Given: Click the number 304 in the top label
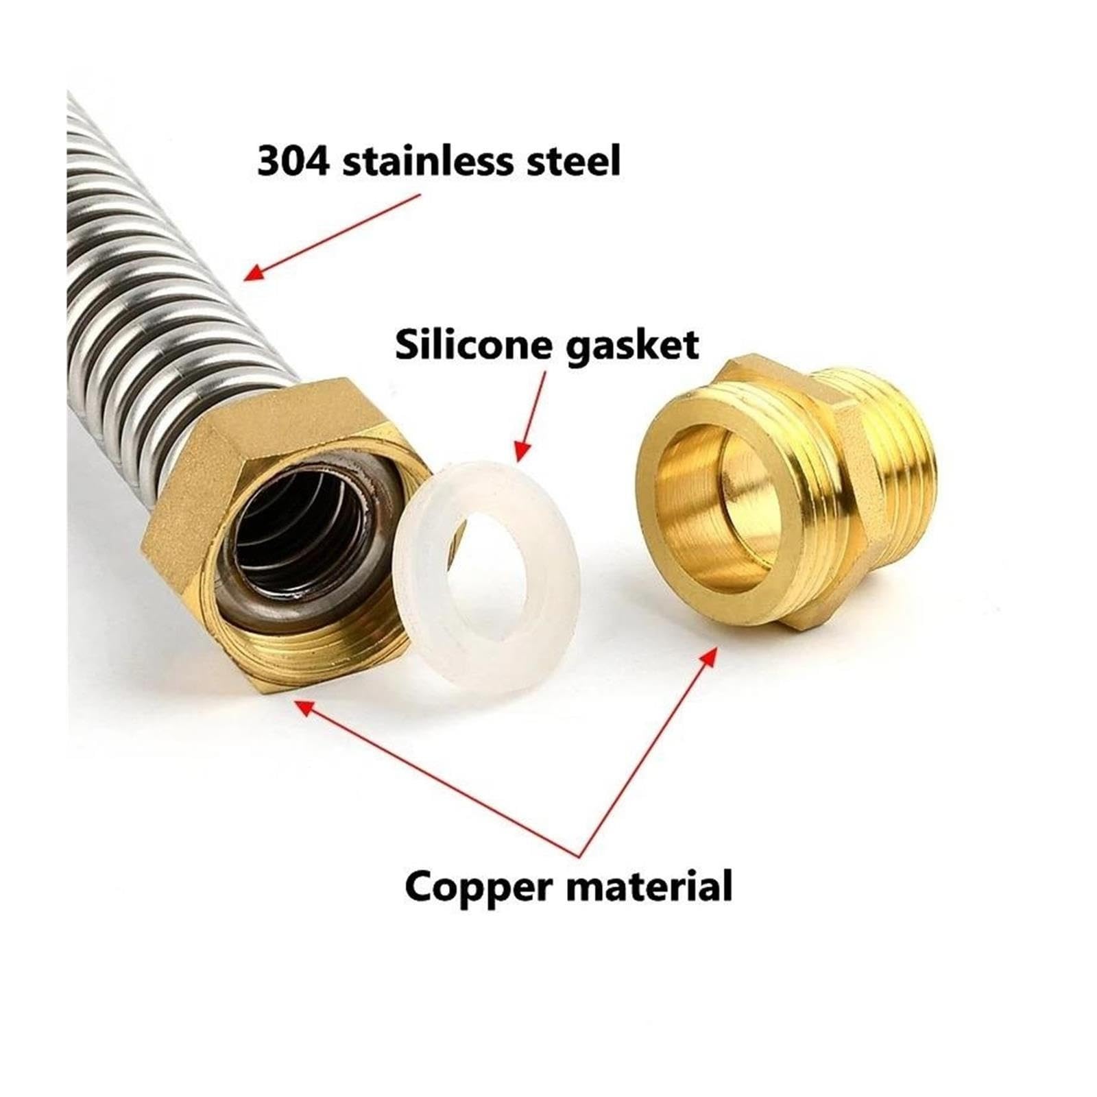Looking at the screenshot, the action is (x=293, y=161).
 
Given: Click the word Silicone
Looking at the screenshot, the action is (x=479, y=344).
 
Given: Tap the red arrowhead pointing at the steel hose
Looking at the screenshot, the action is (x=255, y=272).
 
